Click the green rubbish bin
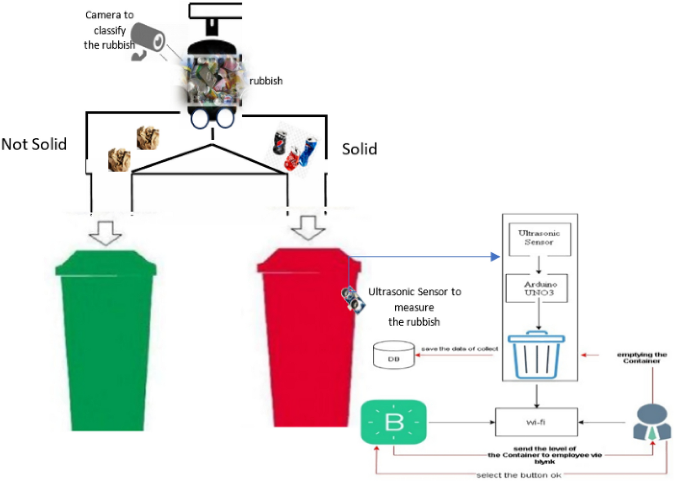click(x=106, y=342)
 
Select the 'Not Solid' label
click(x=34, y=144)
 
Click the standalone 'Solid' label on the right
click(x=359, y=149)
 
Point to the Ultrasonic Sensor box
click(x=539, y=239)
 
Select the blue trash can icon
click(x=536, y=355)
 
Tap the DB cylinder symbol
click(x=394, y=355)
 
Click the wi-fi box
click(x=536, y=422)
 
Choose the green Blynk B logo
click(x=394, y=422)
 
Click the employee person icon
click(x=652, y=422)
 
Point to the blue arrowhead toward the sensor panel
click(x=495, y=257)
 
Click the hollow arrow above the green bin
click(x=106, y=233)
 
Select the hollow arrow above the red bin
click(x=308, y=227)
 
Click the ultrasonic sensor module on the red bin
click(x=353, y=299)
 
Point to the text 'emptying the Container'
click(x=641, y=358)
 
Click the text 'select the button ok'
click(x=518, y=475)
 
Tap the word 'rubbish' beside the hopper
click(x=266, y=81)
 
